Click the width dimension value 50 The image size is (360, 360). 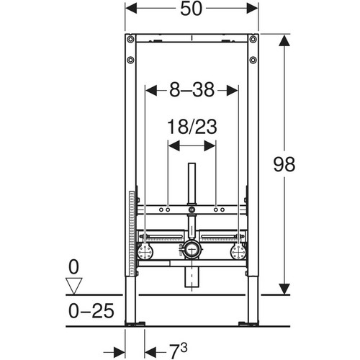pyautogui.click(x=192, y=9)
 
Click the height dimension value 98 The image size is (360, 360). pyautogui.click(x=284, y=165)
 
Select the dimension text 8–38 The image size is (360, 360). pyautogui.click(x=192, y=90)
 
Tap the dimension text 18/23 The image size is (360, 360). pyautogui.click(x=192, y=127)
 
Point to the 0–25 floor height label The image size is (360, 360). pyautogui.click(x=91, y=311)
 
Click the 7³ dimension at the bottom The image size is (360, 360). pyautogui.click(x=178, y=351)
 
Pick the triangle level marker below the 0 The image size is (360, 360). pyautogui.click(x=74, y=286)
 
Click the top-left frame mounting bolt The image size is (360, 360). pyautogui.click(x=130, y=39)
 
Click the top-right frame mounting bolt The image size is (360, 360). pyautogui.click(x=253, y=39)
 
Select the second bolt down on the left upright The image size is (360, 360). pyautogui.click(x=130, y=60)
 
